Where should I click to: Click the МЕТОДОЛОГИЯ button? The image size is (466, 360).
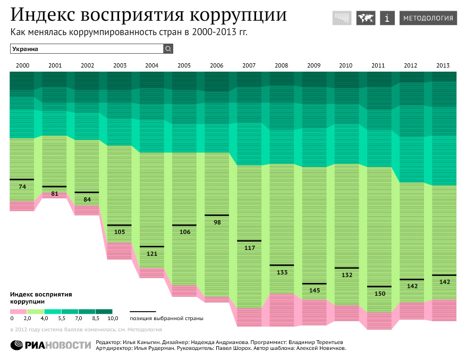pos(428,18)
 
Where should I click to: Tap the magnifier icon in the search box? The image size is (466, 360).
pos(168,49)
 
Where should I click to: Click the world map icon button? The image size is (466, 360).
pos(365,18)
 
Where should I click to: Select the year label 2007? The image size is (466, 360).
pos(249,65)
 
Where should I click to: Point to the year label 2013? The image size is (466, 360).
pos(443,65)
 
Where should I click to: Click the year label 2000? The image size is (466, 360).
pos(22,65)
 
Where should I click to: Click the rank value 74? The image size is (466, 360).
pos(22,187)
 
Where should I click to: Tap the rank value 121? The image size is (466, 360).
pos(151,254)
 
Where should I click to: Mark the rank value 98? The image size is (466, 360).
pos(216,223)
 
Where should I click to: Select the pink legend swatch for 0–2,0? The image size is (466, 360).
pos(19,312)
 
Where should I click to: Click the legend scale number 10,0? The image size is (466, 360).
pos(113,319)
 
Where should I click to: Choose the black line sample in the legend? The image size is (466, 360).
pos(143,312)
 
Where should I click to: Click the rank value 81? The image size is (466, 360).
pos(55,194)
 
